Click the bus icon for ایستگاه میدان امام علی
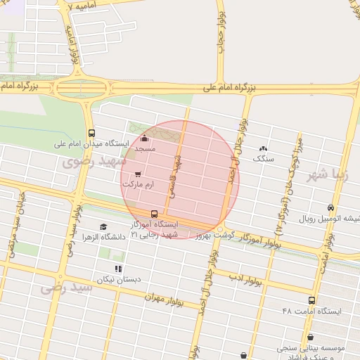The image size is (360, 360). point(91,133)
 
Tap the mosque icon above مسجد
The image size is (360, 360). point(146,139)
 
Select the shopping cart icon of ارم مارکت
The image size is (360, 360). point(138,173)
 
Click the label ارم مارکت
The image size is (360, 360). point(137,184)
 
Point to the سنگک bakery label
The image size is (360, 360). point(264,159)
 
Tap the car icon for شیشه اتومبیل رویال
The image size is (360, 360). point(330,207)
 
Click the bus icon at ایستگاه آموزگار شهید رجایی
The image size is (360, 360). point(154,214)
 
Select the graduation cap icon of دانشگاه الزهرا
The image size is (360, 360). point(103,227)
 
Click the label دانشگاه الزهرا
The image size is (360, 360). point(103,237)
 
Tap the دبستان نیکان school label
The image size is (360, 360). point(120,278)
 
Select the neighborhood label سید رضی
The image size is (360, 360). point(67,288)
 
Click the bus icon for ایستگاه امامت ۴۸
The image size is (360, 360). point(311,300)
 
